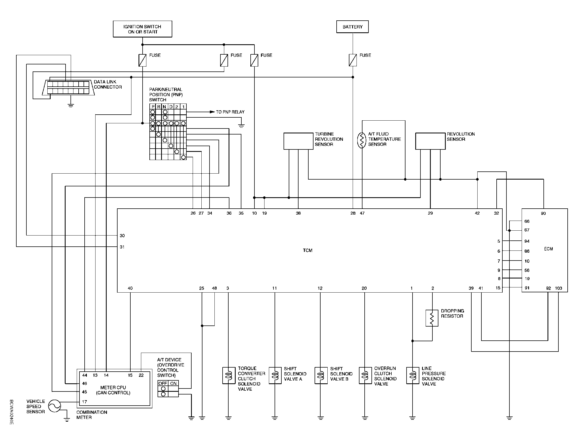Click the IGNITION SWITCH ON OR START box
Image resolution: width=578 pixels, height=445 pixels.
click(143, 29)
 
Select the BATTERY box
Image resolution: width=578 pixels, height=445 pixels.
click(352, 27)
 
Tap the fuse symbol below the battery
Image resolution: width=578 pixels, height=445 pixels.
click(353, 60)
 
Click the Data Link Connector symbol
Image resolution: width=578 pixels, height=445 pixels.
click(68, 88)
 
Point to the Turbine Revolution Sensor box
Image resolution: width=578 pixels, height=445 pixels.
click(299, 141)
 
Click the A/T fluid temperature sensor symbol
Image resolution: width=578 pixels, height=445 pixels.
click(362, 140)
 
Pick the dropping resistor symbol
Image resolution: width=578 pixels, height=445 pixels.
click(432, 318)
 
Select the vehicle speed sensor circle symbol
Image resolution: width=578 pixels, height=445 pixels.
click(54, 406)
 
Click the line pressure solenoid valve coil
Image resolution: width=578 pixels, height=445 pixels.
click(413, 375)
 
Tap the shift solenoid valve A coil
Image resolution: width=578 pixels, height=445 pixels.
click(275, 375)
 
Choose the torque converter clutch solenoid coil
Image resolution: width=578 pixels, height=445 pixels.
click(229, 375)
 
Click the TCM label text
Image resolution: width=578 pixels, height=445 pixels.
click(308, 250)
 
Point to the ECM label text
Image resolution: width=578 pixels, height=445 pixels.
click(548, 249)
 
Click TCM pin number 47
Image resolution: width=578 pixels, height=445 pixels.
click(362, 213)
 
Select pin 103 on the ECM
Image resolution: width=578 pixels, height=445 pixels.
click(558, 288)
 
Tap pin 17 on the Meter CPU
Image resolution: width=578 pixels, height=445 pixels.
click(84, 402)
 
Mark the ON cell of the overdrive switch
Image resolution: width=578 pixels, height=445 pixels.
click(173, 383)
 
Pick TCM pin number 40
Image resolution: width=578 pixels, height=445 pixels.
click(130, 288)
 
